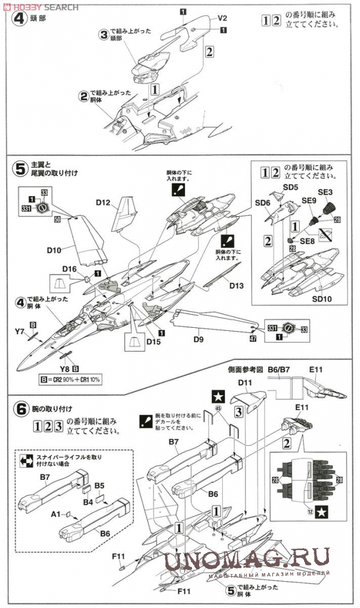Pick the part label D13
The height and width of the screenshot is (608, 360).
click(237, 286)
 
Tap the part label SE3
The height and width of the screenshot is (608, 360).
click(325, 192)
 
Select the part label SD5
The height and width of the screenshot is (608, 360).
click(290, 187)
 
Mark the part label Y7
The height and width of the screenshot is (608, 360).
click(18, 331)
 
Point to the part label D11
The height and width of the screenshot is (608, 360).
click(246, 382)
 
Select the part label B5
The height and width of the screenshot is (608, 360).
click(99, 485)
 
